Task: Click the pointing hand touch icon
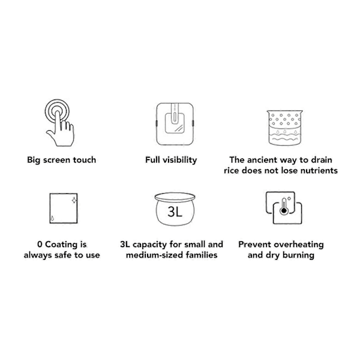59,123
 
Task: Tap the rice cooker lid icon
175,124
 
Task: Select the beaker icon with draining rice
284,128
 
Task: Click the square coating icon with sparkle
64,208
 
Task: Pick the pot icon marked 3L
175,209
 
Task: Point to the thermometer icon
284,208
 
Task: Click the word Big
34,160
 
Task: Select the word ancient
265,160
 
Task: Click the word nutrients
319,170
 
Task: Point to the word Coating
61,244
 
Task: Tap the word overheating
299,244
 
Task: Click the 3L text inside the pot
175,212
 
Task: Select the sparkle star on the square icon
74,200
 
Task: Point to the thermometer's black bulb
284,211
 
